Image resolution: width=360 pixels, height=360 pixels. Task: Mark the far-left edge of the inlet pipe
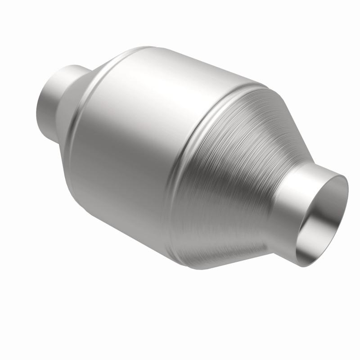tap(37, 108)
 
